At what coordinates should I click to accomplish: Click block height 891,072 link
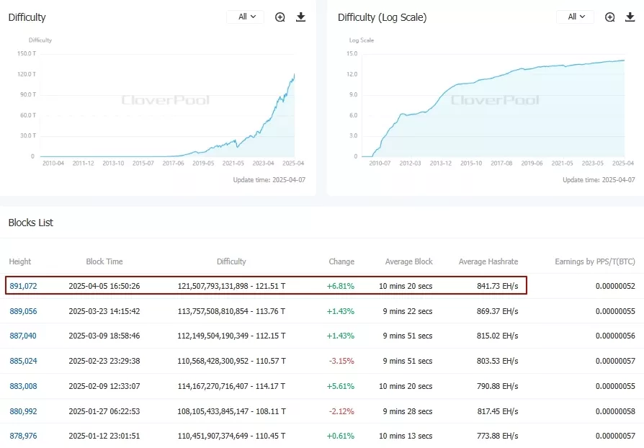coord(23,286)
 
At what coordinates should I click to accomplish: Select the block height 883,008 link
coord(23,386)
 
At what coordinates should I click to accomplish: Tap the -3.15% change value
coord(341,361)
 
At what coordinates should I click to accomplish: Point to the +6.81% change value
coord(341,286)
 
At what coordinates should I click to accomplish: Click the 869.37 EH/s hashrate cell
coord(497,311)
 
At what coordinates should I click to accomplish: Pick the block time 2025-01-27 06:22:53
coord(104,411)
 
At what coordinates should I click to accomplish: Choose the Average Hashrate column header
coord(488,261)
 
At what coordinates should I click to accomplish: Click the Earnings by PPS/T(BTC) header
coord(594,261)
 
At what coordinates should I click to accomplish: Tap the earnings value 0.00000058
coord(615,411)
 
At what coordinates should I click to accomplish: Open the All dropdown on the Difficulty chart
coord(245,17)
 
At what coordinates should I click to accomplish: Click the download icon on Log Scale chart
coord(630,17)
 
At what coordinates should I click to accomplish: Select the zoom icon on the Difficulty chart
coord(280,17)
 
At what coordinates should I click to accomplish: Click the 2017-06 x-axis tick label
coord(173,163)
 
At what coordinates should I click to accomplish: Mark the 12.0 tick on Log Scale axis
coord(352,73)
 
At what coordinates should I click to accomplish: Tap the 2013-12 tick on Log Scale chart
coord(439,163)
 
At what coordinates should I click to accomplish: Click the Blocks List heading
coord(31,223)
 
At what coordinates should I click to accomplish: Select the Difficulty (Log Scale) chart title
coord(382,17)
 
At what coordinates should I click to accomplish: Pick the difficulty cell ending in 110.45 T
coord(231,436)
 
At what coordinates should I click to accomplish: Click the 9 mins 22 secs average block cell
coord(406,311)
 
